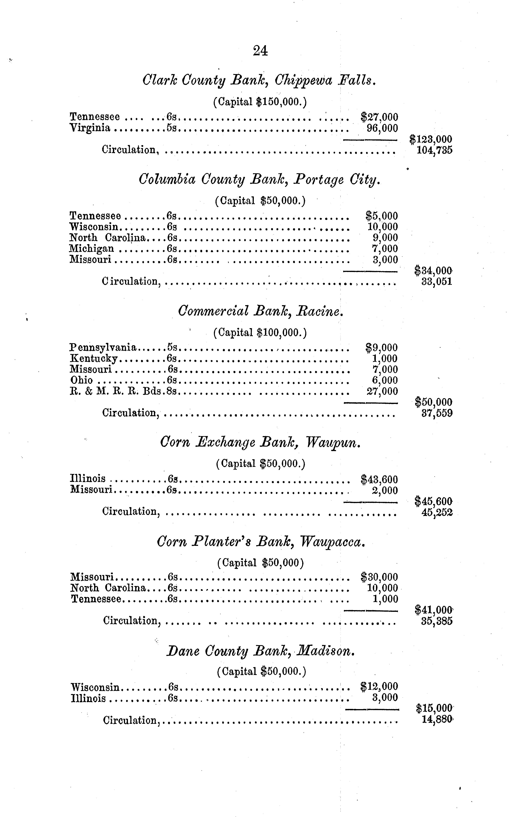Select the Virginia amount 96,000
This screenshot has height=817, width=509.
[382, 128]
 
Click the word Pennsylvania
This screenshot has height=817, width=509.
[103, 347]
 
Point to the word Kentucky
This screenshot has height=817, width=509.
[94, 358]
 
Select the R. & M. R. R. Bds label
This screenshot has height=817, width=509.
[116, 391]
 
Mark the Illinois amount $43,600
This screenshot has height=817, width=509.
[379, 479]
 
